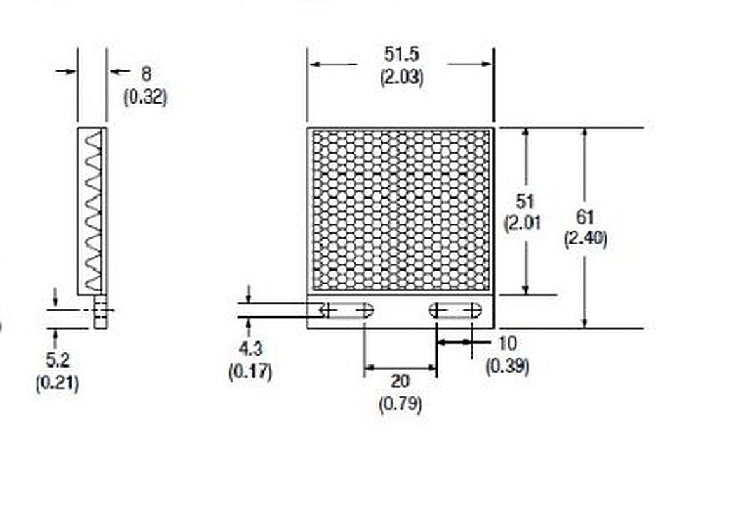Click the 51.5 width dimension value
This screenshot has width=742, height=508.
coord(401,54)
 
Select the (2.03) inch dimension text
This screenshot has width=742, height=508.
coord(401,77)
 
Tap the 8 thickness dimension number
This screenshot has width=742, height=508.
coord(145,74)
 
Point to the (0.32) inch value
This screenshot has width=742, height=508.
coord(145,97)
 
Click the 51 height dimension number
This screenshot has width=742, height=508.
coord(525,201)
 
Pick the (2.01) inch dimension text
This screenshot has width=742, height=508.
coord(522,224)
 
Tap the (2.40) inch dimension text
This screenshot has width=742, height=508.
coord(585,238)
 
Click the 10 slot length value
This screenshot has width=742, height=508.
coord(507,344)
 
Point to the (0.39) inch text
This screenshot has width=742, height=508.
coord(508,366)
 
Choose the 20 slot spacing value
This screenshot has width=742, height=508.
coord(400,381)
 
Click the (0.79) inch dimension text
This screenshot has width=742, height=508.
coord(400,404)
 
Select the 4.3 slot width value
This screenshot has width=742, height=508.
coord(250,349)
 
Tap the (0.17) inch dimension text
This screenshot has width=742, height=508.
coord(250,371)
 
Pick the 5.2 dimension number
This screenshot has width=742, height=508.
coord(57,361)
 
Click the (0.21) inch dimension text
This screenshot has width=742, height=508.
coord(57,383)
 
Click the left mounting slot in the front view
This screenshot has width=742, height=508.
coord(346,311)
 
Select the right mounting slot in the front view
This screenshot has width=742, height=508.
coord(455,311)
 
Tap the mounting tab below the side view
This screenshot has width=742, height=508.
coord(100,312)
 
